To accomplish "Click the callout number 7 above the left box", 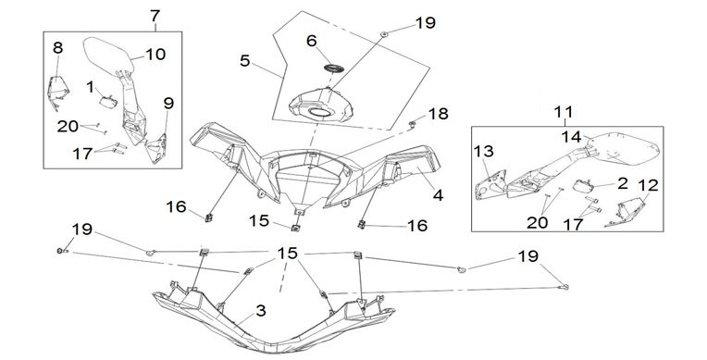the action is coord(155,16).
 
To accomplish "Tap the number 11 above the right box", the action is coord(564,112).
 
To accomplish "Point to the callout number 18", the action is coord(439,114).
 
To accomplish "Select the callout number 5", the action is coord(244,60).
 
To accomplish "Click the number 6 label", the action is coord(312,41).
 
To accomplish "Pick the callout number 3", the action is coord(261,310).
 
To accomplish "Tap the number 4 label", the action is coord(438,195).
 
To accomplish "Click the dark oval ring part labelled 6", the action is coord(334,68).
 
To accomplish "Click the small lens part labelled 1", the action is coord(108,102).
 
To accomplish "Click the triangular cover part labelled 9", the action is coord(156,147).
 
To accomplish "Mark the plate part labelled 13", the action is coord(490,184).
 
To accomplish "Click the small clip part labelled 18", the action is coord(412,124).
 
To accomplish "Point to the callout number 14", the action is coord(571,136).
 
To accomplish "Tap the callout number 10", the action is coord(155,54).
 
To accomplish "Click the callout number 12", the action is coord(649,185).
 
